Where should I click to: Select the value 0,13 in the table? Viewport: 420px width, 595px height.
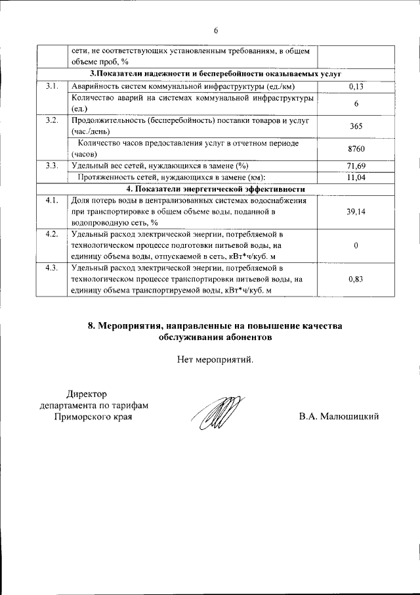coord(355,86)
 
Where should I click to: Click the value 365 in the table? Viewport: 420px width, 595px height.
coord(355,126)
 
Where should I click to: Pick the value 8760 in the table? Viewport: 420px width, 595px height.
coord(355,149)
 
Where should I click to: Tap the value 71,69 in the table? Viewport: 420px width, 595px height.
coord(355,166)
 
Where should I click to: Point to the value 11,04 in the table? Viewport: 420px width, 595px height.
coord(355,178)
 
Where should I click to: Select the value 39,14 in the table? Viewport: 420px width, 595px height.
coord(355,212)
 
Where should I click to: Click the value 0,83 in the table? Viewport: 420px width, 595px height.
coord(355,279)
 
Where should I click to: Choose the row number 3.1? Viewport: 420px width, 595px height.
coord(51,86)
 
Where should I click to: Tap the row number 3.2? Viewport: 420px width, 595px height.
coord(51,121)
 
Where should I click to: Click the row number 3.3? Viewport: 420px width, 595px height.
coord(51,166)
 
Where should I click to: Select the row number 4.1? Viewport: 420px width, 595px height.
coord(51,201)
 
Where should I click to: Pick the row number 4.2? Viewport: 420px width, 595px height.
coord(51,234)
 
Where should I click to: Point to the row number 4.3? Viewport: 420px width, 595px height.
coord(51,268)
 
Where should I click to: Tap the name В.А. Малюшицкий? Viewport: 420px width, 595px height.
coord(339,417)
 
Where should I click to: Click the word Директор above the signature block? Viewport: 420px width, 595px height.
coord(85,393)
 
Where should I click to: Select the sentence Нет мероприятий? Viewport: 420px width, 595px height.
coord(215,359)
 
